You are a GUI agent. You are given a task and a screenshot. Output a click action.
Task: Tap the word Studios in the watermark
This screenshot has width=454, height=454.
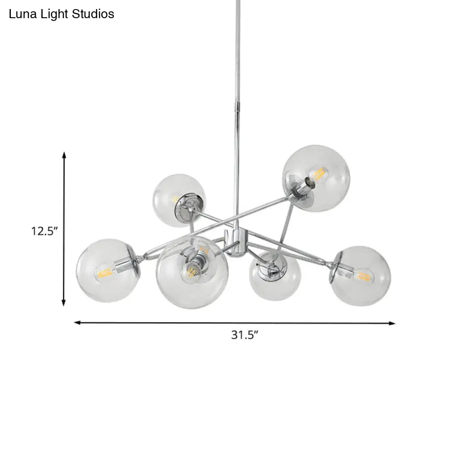coord(93,14)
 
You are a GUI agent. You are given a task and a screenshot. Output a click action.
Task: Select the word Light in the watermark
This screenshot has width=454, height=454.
coord(54,15)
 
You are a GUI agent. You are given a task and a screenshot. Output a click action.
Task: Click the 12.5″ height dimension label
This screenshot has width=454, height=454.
coord(44,231)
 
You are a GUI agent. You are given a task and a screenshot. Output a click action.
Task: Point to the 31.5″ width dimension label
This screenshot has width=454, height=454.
coord(244,335)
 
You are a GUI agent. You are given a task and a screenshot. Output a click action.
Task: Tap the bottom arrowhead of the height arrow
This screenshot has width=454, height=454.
coord(64,302)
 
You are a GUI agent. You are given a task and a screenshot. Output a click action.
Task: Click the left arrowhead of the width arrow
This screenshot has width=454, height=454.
coord(78,322)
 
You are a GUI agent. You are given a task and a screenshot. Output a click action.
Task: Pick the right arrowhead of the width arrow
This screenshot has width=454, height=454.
coord(392,323)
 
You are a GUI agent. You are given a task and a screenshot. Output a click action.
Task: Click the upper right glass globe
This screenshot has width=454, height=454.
coord(316,178)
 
